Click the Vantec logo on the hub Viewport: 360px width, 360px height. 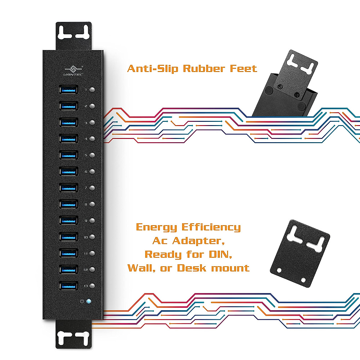click(x=74, y=71)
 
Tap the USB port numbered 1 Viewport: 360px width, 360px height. click(x=69, y=89)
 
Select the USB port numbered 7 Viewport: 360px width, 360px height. click(x=69, y=188)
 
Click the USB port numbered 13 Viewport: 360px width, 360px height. click(x=69, y=286)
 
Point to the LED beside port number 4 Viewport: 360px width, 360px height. click(x=92, y=139)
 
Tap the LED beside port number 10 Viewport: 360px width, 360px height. click(x=92, y=237)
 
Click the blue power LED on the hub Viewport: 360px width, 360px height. click(x=88, y=301)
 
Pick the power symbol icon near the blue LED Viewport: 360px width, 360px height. click(x=82, y=301)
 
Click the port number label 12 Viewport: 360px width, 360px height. click(x=86, y=270)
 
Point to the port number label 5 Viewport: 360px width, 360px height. click(x=86, y=155)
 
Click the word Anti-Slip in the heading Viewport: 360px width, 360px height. click(x=153, y=69)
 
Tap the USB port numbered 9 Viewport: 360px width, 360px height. click(x=69, y=220)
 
